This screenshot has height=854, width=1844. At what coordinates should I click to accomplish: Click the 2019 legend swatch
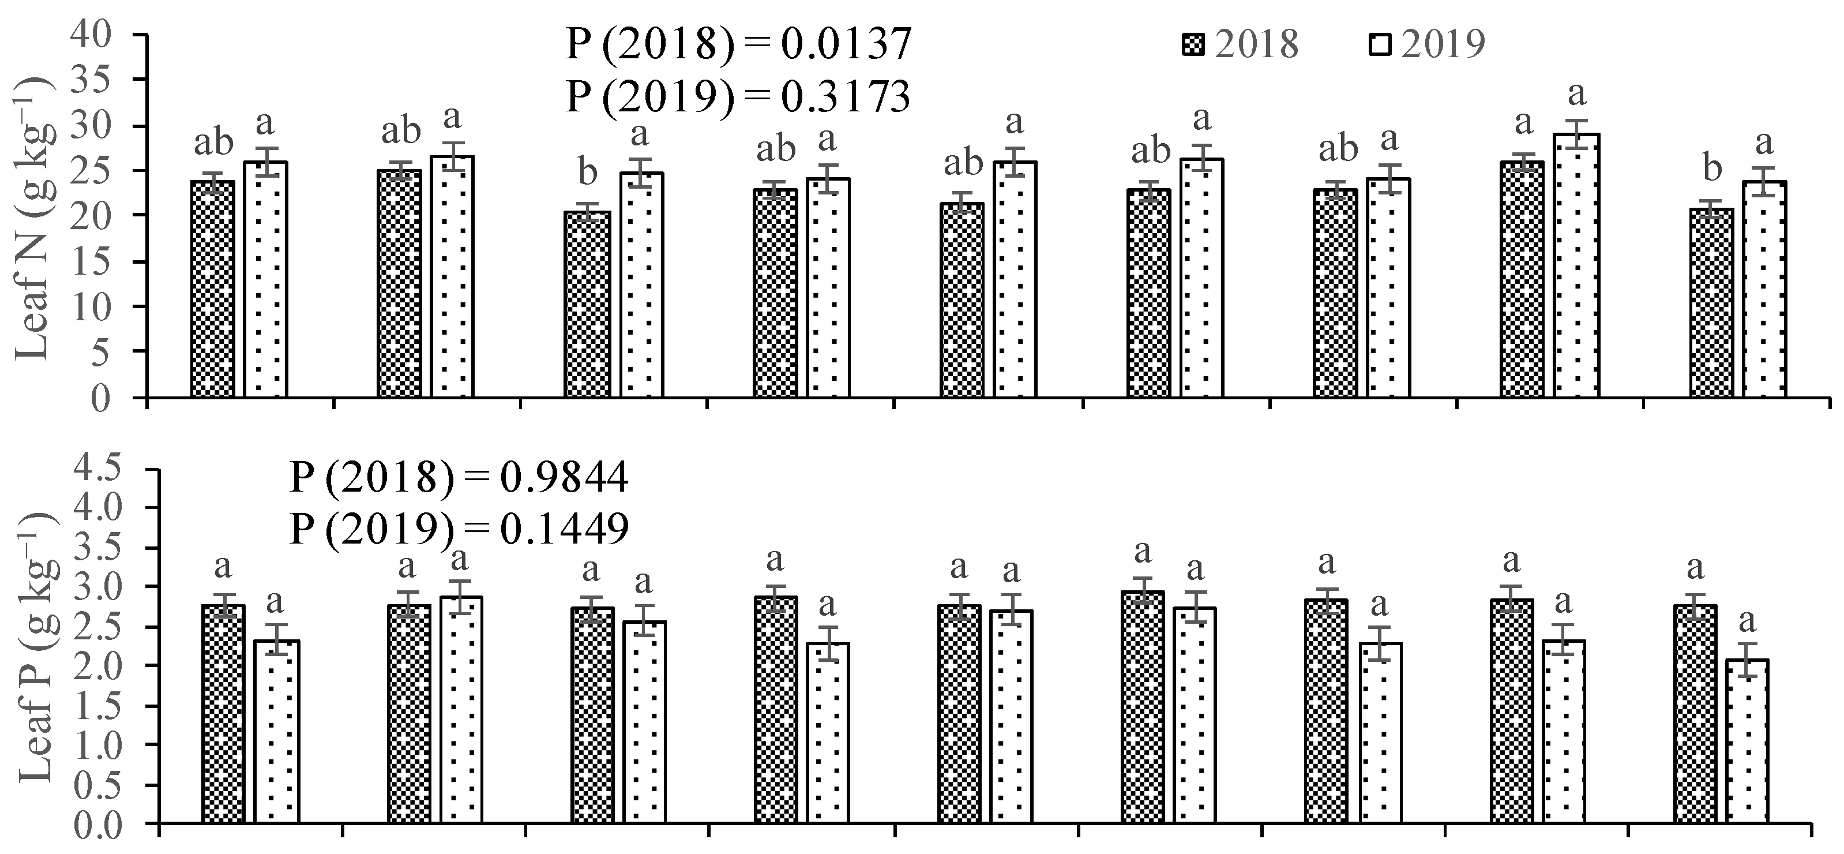(x=1380, y=44)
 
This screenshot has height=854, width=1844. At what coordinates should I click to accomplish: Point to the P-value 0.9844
(x=564, y=477)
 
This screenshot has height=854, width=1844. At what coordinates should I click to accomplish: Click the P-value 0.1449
(x=564, y=529)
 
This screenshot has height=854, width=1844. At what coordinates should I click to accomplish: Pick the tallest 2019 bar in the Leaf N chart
(x=1576, y=265)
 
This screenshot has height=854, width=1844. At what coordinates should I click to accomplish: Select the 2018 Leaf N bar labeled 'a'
(x=1523, y=279)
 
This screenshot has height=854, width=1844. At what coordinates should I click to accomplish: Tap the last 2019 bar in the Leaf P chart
(x=1747, y=741)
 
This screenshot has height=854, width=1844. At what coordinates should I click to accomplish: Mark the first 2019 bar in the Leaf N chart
(x=265, y=279)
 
